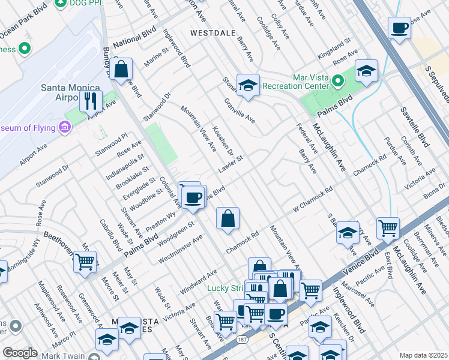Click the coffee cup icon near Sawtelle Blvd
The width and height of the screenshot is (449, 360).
tap(399, 28)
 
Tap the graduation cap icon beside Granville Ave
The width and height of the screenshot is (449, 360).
tap(247, 86)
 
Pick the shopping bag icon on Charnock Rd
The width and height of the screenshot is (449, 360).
tap(228, 220)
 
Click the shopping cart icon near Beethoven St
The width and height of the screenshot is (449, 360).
tap(85, 262)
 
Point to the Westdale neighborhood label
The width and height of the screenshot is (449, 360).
tap(212, 33)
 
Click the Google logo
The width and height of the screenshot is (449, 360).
tap(20, 353)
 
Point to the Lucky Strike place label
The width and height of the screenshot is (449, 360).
tap(226, 288)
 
